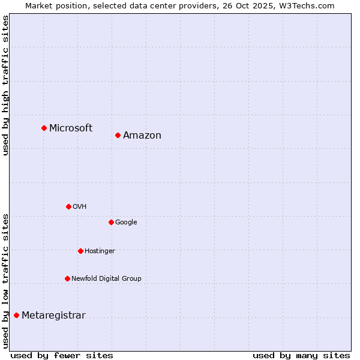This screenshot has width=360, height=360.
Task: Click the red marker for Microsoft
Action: pyautogui.click(x=44, y=128)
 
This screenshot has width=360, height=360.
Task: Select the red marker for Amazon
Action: pyautogui.click(x=118, y=135)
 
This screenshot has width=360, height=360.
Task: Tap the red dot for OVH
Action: pyautogui.click(x=68, y=206)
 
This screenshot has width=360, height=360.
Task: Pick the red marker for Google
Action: pyautogui.click(x=111, y=222)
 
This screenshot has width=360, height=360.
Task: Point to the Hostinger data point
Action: pyautogui.click(x=80, y=251)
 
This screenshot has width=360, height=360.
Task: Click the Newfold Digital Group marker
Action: pyautogui.click(x=67, y=278)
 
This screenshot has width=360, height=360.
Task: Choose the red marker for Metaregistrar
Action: pyautogui.click(x=16, y=315)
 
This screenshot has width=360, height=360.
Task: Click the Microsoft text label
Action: pyautogui.click(x=71, y=128)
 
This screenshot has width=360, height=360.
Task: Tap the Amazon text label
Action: pyautogui.click(x=142, y=136)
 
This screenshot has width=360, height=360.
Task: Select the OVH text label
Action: pyautogui.click(x=80, y=207)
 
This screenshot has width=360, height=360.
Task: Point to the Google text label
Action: pyautogui.click(x=126, y=223)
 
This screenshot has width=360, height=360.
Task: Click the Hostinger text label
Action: pyautogui.click(x=100, y=251)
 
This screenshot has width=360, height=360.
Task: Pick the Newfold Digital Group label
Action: pyautogui.click(x=106, y=279)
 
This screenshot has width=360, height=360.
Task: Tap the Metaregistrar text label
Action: pyautogui.click(x=53, y=316)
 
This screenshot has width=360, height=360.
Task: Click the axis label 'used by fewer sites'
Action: pyautogui.click(x=62, y=355)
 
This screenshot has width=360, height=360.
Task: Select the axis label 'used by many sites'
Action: pyautogui.click(x=301, y=355)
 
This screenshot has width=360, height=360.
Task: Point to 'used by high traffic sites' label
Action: pyautogui.click(x=6, y=85)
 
